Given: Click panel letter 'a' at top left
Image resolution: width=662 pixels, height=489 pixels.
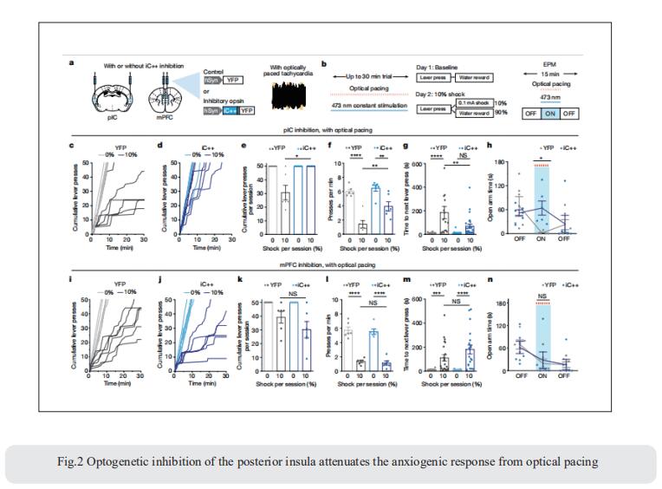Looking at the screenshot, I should coord(72,63).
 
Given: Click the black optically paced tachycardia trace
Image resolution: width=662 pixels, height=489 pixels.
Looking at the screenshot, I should coord(287,95).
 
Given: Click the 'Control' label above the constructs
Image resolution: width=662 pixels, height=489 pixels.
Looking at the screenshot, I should coord(213,71).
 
